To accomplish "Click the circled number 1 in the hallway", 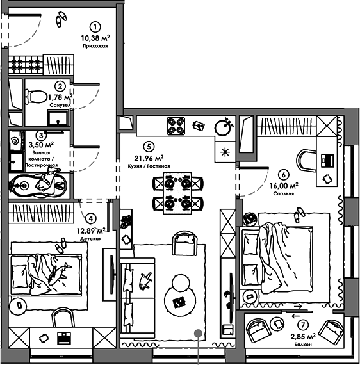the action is click(95, 28).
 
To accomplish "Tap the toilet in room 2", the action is click(37, 97).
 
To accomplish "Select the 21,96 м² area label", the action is click(149, 158).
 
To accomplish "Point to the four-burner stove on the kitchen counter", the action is click(176, 126).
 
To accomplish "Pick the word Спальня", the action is click(284, 193).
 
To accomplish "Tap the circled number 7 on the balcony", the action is click(303, 325).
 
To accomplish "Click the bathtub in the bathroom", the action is click(38, 186).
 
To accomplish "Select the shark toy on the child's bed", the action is click(59, 273).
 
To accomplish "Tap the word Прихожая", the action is click(95, 46).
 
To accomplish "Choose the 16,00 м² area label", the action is click(284, 186).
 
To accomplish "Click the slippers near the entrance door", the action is click(61, 19).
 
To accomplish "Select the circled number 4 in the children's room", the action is click(90, 218).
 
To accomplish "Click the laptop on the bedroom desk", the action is click(327, 160).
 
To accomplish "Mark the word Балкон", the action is click(303, 345).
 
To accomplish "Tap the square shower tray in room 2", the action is click(58, 118).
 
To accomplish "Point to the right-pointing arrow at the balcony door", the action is click(297, 306).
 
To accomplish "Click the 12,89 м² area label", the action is click(91, 231).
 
